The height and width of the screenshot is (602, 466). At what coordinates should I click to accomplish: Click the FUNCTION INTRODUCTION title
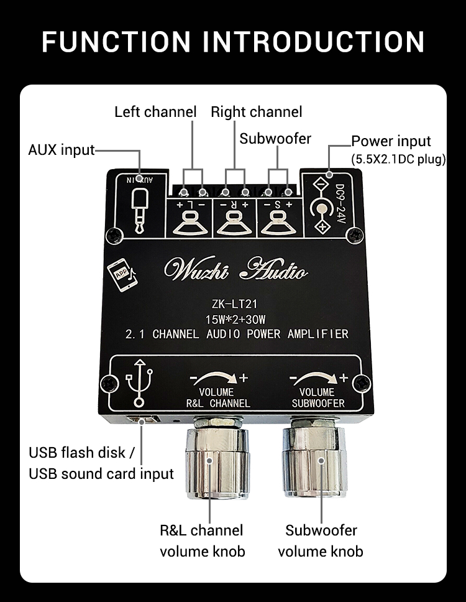pos(233,42)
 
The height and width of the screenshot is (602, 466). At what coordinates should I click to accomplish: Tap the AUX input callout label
pos(61,150)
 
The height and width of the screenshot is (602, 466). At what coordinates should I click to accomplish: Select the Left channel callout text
pos(155,112)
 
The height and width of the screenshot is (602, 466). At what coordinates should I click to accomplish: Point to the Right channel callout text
pos(256,112)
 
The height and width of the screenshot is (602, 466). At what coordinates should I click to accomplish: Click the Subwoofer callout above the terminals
pos(275,138)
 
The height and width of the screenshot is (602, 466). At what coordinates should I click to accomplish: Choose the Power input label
pos(391,141)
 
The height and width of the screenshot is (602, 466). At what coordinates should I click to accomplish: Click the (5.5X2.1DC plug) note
pos(398,159)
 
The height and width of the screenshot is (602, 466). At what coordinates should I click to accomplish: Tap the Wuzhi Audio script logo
pos(234,269)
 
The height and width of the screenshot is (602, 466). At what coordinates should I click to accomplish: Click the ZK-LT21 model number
pos(234,304)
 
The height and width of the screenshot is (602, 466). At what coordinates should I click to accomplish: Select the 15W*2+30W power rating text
pos(234,320)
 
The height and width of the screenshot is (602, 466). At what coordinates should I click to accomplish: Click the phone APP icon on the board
pos(122,274)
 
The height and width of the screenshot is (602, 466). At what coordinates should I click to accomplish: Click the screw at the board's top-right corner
pos(354,235)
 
